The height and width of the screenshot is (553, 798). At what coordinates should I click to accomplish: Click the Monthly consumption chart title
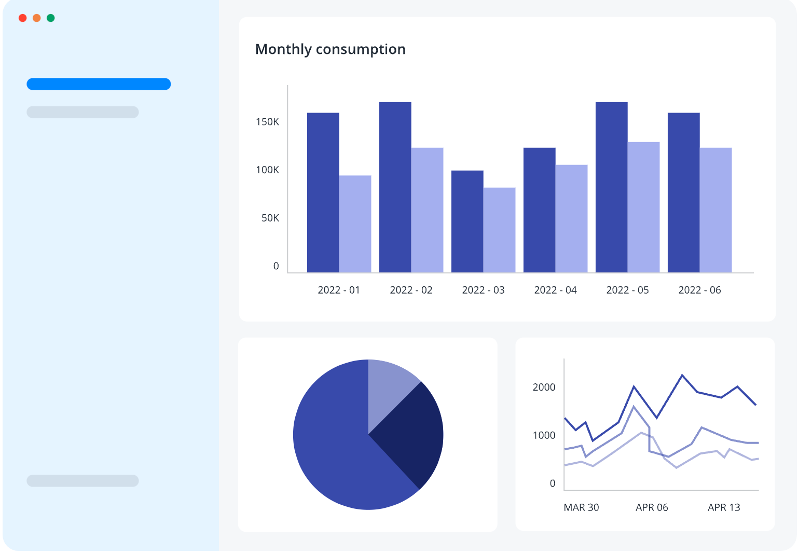[330, 49]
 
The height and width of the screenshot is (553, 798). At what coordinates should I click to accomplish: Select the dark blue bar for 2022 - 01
[323, 192]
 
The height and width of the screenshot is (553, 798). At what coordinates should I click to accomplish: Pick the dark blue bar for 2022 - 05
[611, 187]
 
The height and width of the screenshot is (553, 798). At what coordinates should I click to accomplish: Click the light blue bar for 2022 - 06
[716, 210]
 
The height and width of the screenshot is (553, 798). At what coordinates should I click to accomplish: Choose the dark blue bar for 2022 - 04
[539, 210]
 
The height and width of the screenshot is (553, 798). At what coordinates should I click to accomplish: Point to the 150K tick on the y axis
[267, 122]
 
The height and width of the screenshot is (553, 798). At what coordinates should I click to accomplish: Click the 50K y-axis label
[270, 218]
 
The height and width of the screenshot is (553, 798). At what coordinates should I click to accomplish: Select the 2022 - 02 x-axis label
[411, 290]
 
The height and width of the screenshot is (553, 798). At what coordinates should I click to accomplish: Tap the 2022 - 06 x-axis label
[699, 290]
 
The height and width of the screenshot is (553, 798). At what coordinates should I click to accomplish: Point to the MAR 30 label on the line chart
[581, 507]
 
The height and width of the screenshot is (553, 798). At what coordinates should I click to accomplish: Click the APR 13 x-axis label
[724, 507]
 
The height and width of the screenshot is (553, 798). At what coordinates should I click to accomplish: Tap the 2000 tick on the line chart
[544, 387]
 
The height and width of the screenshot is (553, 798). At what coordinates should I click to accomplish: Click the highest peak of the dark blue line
[682, 375]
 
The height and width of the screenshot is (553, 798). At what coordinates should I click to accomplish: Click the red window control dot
[22, 18]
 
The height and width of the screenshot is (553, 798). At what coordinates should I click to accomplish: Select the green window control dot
[51, 18]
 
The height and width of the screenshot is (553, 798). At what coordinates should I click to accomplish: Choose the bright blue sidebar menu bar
[99, 84]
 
